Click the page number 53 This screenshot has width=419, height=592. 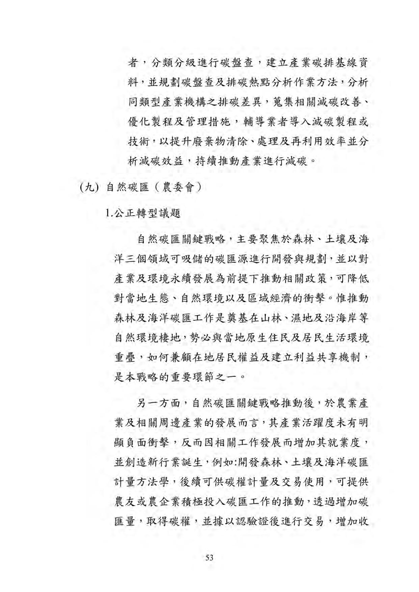(x=209, y=557)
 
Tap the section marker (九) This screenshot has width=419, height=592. (x=89, y=187)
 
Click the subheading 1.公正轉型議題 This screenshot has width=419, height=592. (x=143, y=213)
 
